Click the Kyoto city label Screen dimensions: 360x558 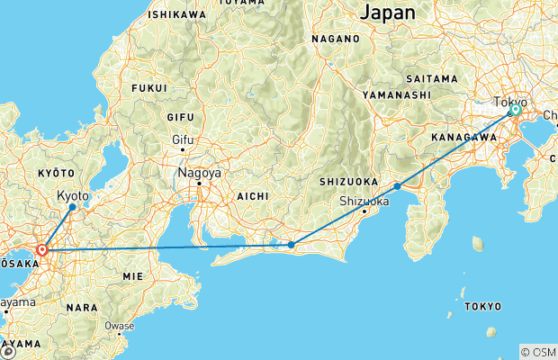tap(73, 194)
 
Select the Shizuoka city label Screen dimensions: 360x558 tap(364, 201)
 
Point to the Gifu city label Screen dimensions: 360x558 tap(184, 139)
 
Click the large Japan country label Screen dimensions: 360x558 tap(388, 13)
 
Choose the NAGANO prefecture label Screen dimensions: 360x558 tap(336, 40)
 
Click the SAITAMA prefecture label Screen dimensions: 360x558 tap(432, 79)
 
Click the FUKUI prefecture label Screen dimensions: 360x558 tap(149, 88)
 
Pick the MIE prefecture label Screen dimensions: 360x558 tap(133, 274)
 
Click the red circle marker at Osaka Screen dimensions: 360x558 tap(41, 249)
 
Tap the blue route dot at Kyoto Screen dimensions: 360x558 tap(73, 207)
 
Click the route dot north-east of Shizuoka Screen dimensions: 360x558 tap(397, 186)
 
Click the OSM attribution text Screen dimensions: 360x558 tap(541, 352)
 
